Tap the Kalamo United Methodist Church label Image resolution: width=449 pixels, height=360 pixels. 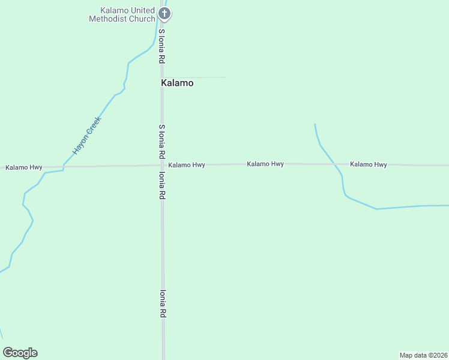pyautogui.click(x=122, y=14)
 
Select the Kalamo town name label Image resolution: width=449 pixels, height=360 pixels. pyautogui.click(x=177, y=83)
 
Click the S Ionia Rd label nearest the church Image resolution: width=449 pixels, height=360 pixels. pyautogui.click(x=161, y=47)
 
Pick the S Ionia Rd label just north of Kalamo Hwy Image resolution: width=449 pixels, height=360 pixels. pyautogui.click(x=161, y=142)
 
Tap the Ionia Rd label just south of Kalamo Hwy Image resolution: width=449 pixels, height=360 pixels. pyautogui.click(x=162, y=186)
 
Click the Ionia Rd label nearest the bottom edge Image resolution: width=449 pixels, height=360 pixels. pyautogui.click(x=162, y=304)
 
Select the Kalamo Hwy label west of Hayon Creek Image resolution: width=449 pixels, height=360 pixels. pyautogui.click(x=24, y=167)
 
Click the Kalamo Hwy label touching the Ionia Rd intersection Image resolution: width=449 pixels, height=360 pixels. pyautogui.click(x=187, y=165)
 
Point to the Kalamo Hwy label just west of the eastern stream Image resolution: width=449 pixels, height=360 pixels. pyautogui.click(x=265, y=164)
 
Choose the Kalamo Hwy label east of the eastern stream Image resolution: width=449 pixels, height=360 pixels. pyautogui.click(x=369, y=164)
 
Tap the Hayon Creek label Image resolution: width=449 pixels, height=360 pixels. pyautogui.click(x=87, y=136)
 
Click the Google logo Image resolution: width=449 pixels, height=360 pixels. pyautogui.click(x=20, y=353)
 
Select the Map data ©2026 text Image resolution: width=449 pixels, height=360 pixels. pyautogui.click(x=423, y=355)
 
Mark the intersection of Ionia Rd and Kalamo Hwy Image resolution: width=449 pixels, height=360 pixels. pyautogui.click(x=162, y=166)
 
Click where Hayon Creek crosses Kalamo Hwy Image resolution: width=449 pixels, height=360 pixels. pyautogui.click(x=64, y=166)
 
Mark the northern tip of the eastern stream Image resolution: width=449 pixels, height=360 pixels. pyautogui.click(x=315, y=125)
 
